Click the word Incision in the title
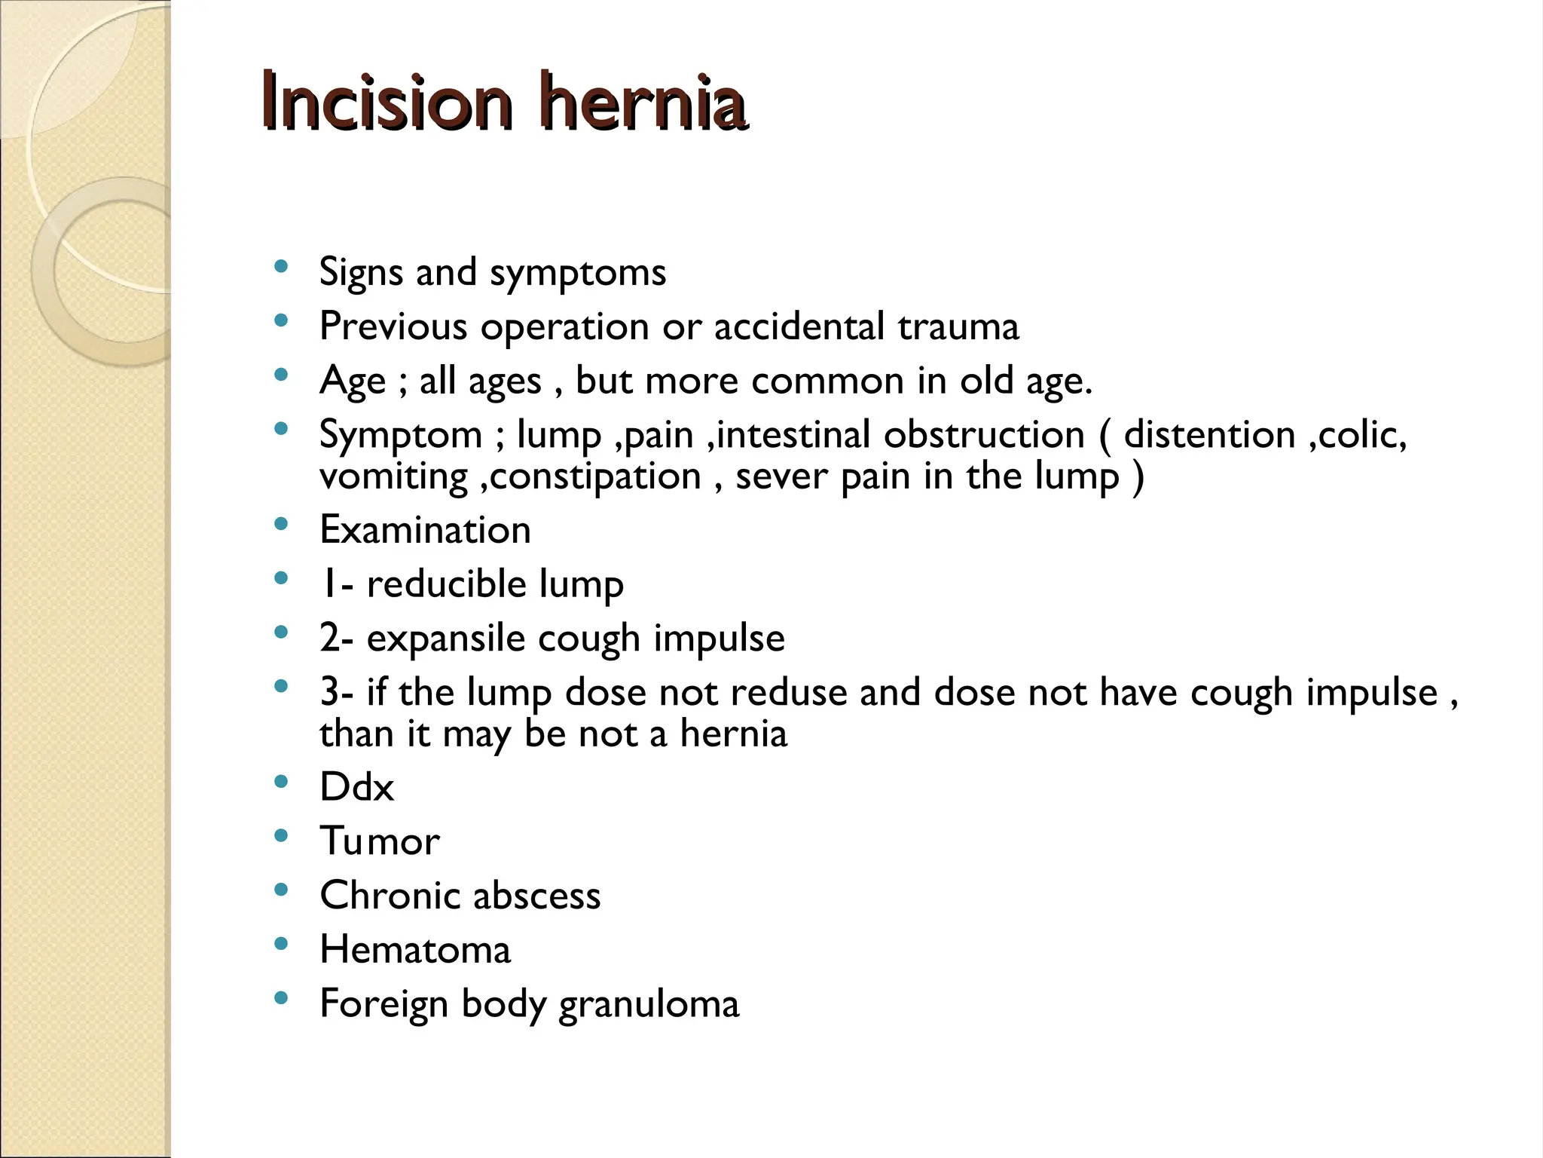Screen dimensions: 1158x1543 pos(387,102)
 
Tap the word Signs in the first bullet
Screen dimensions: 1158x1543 pos(361,272)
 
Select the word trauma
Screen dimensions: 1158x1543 pos(958,326)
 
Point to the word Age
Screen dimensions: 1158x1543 pos(353,381)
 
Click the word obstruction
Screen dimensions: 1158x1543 pos(984,435)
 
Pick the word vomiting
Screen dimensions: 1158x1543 pos(393,476)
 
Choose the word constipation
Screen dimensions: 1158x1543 pos(595,476)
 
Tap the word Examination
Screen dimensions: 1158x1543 pos(425,530)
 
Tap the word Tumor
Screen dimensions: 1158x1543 pos(380,841)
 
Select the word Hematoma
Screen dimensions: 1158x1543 pos(415,950)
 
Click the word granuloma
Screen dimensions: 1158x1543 pos(649,1004)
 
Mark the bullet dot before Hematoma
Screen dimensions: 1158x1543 pos(282,943)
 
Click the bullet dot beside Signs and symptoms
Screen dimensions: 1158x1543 pos(282,265)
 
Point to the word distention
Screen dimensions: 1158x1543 pos(1209,435)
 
